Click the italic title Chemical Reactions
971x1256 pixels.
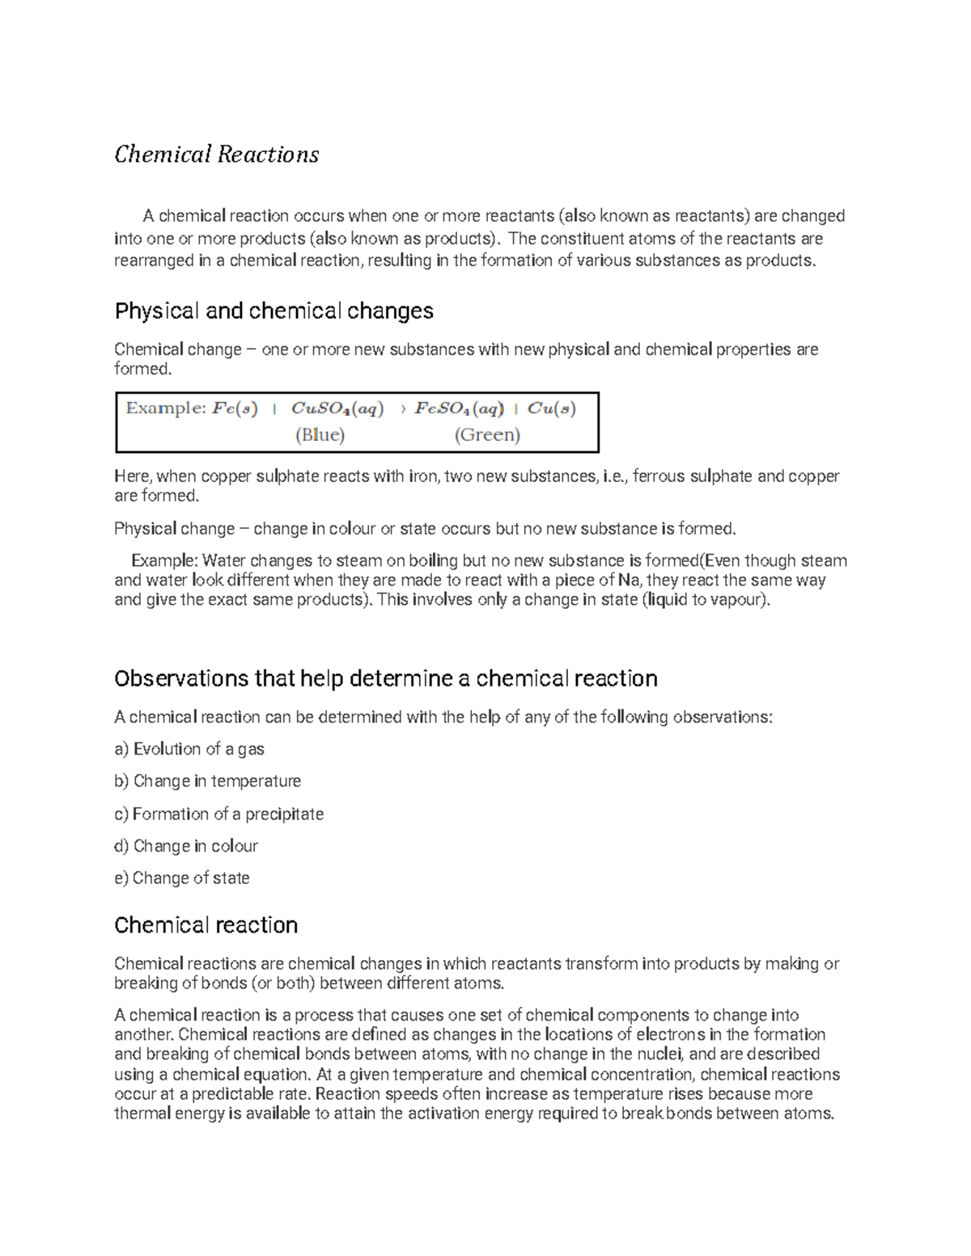(216, 154)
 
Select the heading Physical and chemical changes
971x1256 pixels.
(273, 311)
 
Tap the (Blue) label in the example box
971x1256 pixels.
(320, 435)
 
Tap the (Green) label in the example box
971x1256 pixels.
(487, 435)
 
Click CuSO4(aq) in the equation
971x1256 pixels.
(337, 408)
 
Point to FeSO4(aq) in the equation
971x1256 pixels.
(459, 408)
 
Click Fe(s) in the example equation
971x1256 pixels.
(235, 408)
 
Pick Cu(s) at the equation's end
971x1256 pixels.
(551, 408)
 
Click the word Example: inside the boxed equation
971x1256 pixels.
(166, 408)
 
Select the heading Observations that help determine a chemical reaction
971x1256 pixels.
(385, 678)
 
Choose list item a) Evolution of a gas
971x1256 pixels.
(189, 749)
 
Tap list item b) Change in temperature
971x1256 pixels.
(207, 781)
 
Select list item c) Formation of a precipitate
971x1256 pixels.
(218, 814)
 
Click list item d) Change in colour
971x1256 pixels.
(186, 846)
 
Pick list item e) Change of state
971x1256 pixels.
(182, 878)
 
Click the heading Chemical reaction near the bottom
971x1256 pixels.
(206, 925)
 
